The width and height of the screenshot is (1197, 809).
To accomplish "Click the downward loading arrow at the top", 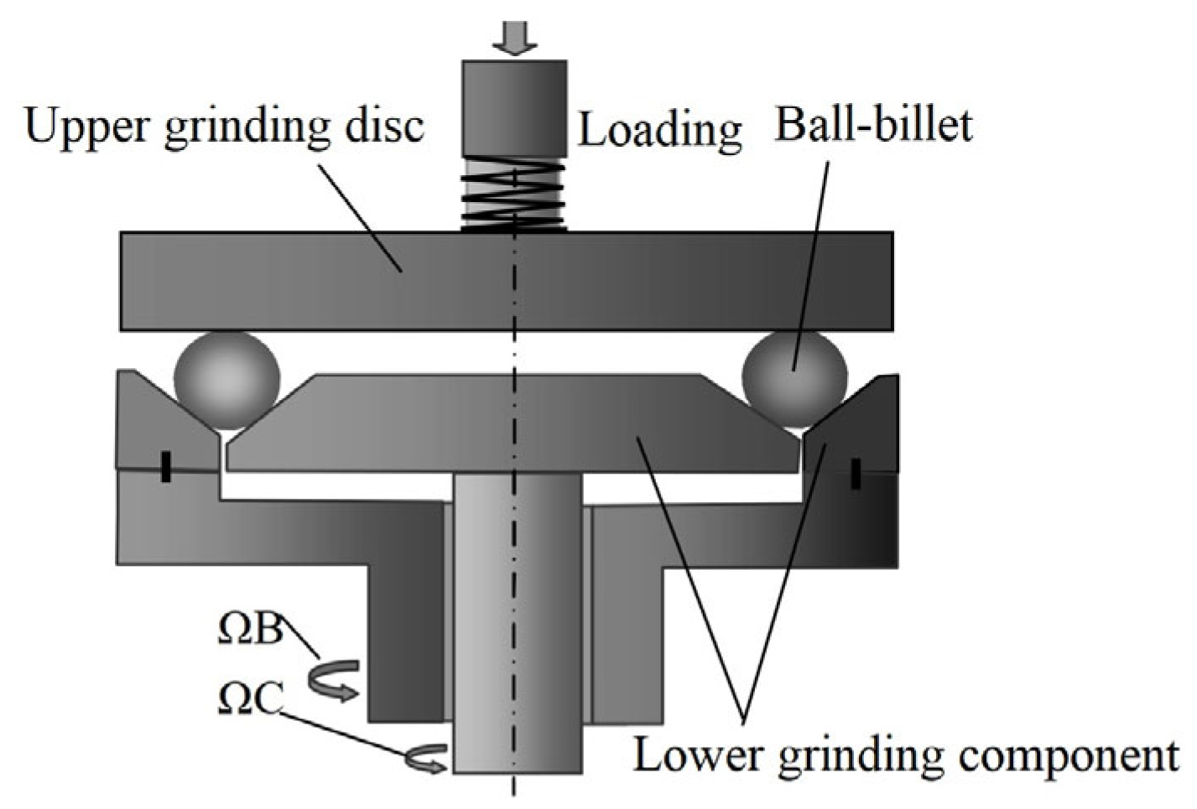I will (513, 38).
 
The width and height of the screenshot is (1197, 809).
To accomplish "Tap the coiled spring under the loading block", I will (513, 194).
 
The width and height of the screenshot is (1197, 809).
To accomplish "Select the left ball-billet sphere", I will (227, 380).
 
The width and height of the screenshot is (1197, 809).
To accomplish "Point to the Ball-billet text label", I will (873, 126).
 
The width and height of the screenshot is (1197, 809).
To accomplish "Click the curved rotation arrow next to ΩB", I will (335, 680).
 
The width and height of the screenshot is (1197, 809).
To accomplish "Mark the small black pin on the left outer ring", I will (166, 467).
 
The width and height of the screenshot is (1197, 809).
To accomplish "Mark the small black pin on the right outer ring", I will (855, 473).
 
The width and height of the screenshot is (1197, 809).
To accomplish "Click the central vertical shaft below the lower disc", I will (518, 629).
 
